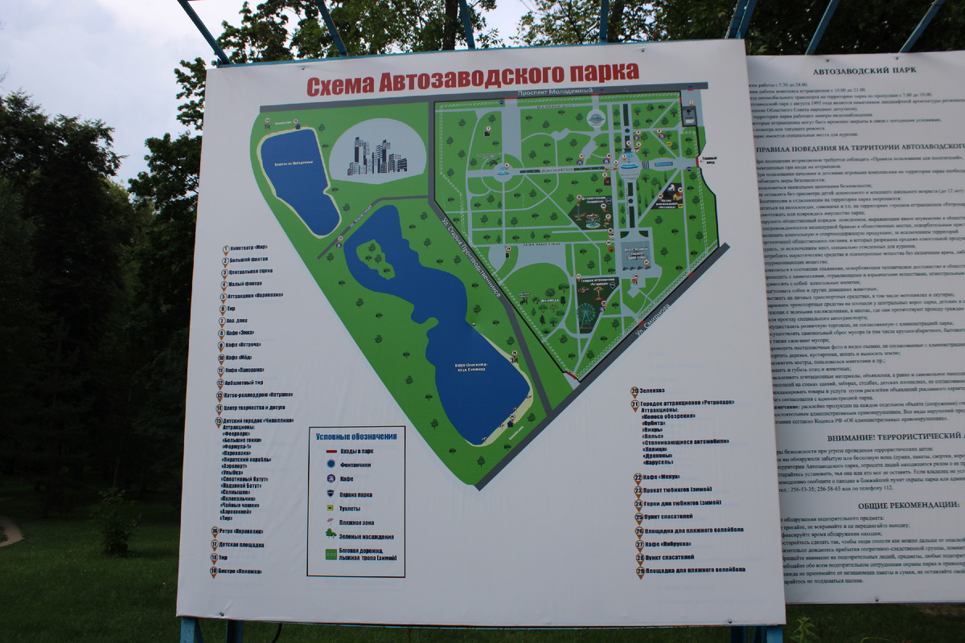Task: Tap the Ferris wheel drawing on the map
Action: click(586, 314)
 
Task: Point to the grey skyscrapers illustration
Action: click(377, 156)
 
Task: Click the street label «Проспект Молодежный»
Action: click(554, 92)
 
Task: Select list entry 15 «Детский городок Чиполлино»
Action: click(257, 420)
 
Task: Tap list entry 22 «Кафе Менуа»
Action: click(662, 477)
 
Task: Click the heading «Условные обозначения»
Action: click(355, 436)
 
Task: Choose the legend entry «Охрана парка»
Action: click(355, 493)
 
